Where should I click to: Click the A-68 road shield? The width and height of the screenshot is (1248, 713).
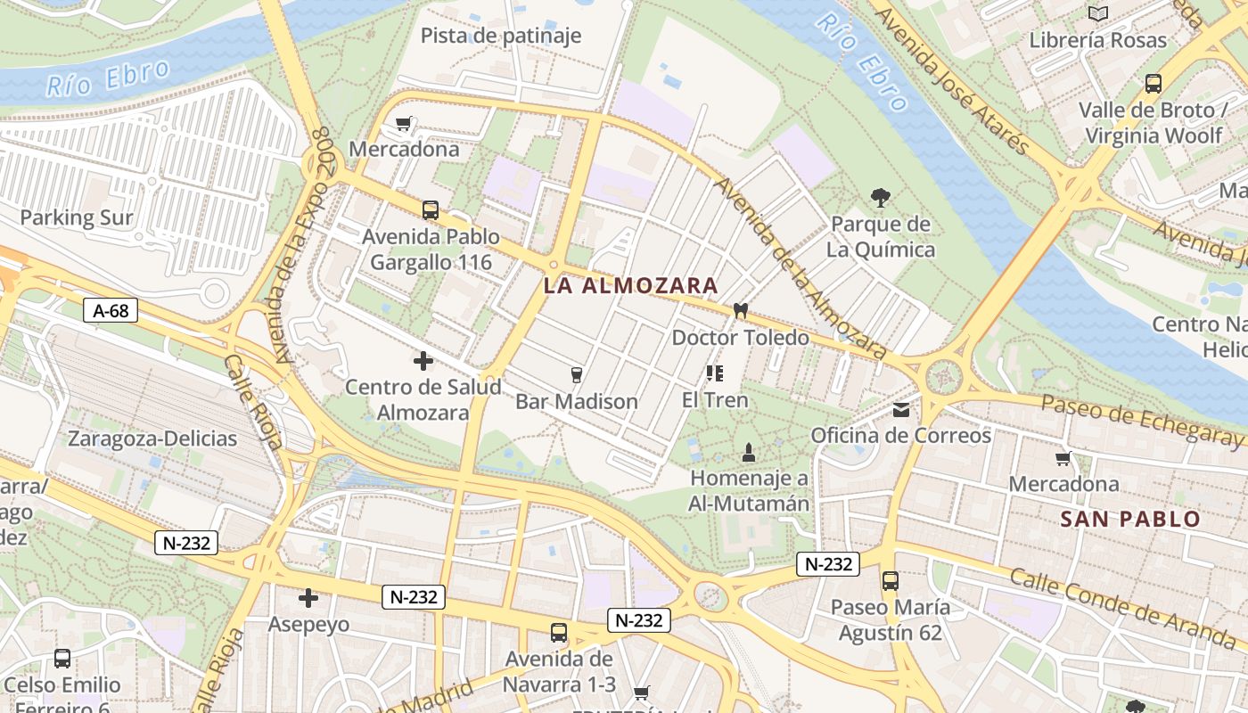111,310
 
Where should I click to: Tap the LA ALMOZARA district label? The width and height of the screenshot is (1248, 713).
631,286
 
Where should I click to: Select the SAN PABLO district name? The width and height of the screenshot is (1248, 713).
1130,520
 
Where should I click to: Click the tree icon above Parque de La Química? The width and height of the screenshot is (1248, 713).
881,198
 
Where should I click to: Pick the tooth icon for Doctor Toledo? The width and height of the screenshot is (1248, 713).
739,311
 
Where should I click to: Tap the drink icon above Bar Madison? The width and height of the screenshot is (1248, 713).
577,374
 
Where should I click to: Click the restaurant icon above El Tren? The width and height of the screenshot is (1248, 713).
714,373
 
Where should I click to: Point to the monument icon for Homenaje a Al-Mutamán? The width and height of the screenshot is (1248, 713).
749,452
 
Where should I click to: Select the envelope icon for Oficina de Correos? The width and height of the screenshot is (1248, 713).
901,410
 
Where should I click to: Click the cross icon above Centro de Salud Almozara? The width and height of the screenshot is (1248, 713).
423,361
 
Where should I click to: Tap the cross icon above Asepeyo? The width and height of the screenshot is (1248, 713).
308,598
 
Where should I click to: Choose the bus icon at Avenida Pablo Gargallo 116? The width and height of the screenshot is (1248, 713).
431,210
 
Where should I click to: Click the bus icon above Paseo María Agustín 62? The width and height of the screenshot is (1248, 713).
890,581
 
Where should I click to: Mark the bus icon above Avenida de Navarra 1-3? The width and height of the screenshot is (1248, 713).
559,633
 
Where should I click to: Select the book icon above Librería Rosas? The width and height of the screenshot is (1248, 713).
1098,13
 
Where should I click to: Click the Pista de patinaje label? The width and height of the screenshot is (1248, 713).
501,36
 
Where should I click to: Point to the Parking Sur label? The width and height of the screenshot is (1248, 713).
77,217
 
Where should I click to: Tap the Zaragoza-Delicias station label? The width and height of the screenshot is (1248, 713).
152,438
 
